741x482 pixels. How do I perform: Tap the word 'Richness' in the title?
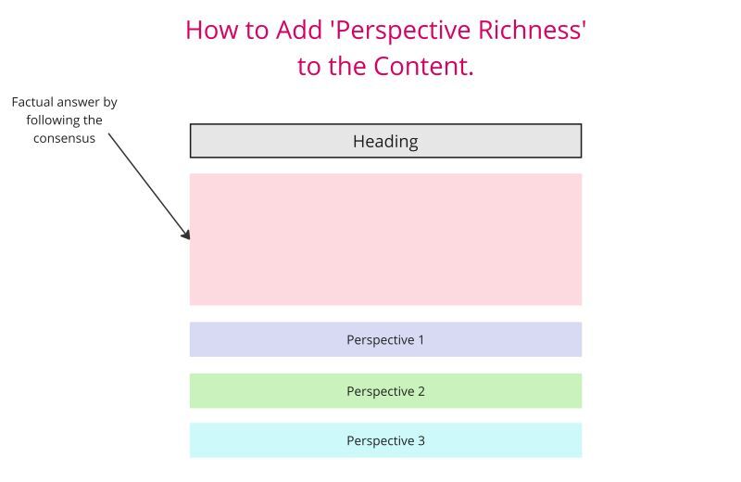click(x=532, y=30)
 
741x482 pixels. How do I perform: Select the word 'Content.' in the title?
click(x=423, y=66)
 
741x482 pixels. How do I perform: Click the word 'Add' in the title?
click(x=300, y=30)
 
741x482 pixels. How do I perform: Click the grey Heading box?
click(x=385, y=141)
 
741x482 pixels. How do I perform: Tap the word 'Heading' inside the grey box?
click(x=385, y=142)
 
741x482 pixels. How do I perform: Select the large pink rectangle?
click(x=385, y=239)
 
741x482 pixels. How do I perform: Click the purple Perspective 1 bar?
click(x=385, y=339)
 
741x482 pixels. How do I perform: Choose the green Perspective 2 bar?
click(x=385, y=391)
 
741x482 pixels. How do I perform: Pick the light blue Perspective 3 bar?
click(x=385, y=440)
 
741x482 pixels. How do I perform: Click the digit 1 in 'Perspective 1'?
click(x=421, y=339)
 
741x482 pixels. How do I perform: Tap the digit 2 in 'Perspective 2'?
click(x=421, y=391)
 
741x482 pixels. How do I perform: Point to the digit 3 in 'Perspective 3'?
click(x=421, y=440)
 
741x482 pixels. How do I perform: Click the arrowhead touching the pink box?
click(x=186, y=235)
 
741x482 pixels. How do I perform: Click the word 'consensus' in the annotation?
click(x=64, y=139)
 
